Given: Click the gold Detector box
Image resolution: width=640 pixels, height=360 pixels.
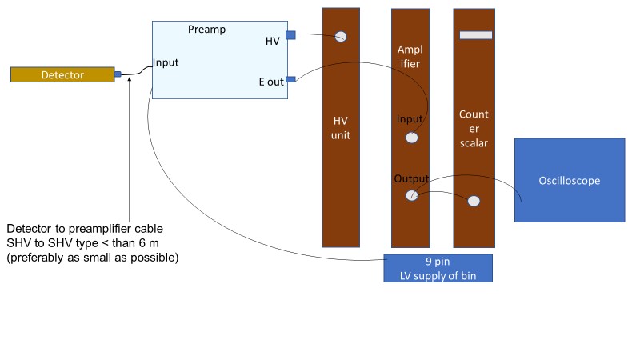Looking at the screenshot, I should [x=62, y=74].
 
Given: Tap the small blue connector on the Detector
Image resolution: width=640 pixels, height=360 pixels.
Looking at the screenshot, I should [x=118, y=74].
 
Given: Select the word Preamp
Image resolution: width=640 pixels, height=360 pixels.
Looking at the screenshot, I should [x=206, y=30].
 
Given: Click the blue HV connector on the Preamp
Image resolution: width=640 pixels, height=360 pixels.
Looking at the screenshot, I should [x=290, y=34].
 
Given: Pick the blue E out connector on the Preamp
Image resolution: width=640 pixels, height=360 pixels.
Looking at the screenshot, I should [x=290, y=78].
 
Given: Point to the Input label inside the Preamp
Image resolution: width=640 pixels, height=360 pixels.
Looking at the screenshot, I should [x=166, y=62].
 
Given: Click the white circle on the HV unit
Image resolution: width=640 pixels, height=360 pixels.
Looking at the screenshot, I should [x=341, y=37].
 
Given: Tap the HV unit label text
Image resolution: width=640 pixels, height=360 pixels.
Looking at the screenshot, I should [x=341, y=128].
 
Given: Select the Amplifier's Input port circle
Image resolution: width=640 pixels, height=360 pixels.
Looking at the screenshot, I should [x=411, y=138].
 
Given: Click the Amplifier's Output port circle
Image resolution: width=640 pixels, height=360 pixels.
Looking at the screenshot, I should [x=411, y=195].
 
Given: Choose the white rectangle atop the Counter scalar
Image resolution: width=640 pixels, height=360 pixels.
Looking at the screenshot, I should [x=476, y=35].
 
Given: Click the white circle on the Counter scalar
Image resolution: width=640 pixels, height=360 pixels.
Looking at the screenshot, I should [x=474, y=200].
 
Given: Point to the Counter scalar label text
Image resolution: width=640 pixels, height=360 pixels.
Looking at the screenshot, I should [x=474, y=128].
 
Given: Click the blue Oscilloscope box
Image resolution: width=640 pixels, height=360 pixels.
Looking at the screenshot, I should [x=569, y=181].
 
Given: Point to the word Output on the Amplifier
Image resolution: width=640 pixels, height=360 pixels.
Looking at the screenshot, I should [x=411, y=178].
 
